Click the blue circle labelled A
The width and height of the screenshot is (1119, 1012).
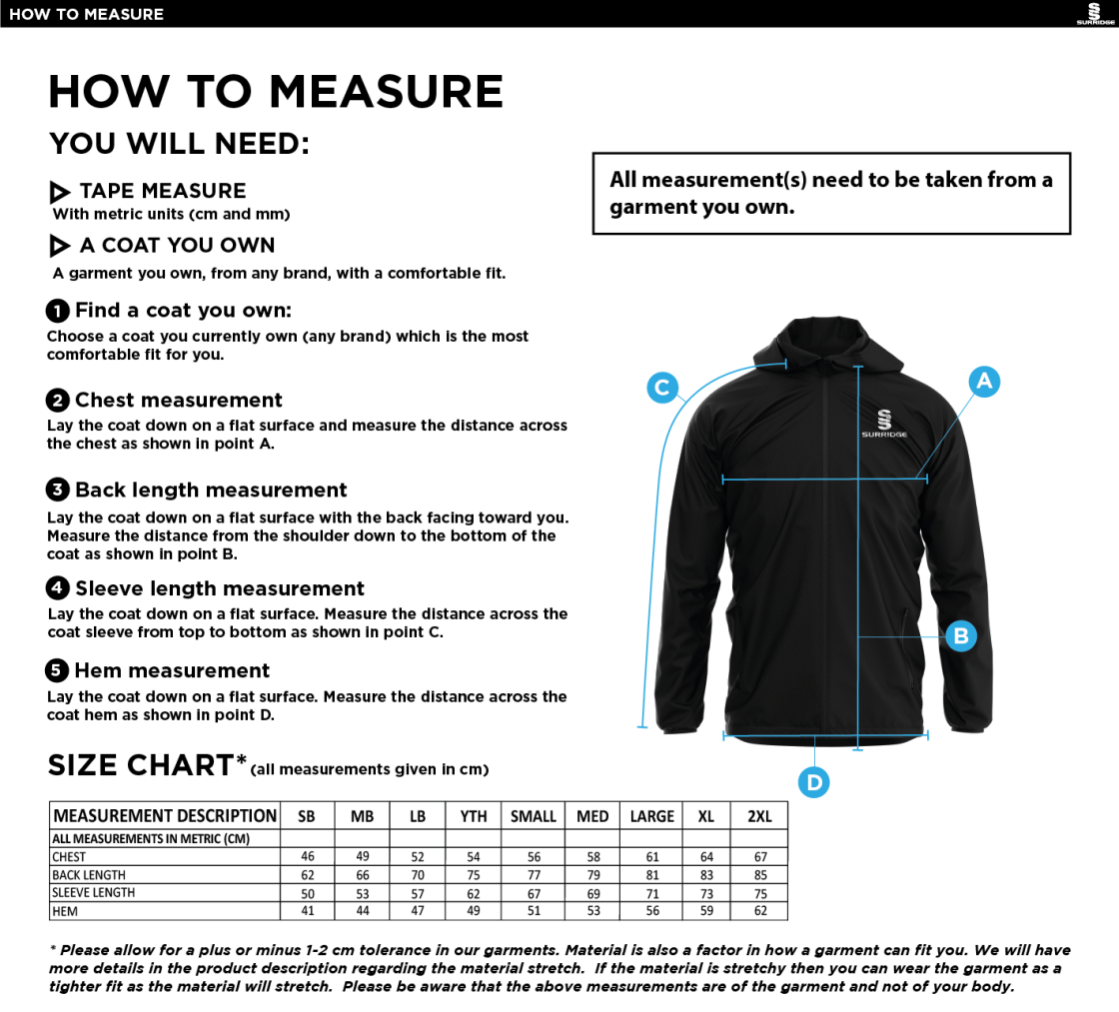pyautogui.click(x=984, y=381)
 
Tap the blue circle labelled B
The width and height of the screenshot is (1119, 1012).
pyautogui.click(x=960, y=635)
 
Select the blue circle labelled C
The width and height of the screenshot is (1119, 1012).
pyautogui.click(x=662, y=388)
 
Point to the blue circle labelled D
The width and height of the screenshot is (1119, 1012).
pyautogui.click(x=814, y=782)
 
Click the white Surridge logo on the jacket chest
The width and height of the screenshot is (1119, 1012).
pyautogui.click(x=883, y=424)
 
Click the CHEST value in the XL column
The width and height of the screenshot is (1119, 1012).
pyautogui.click(x=706, y=856)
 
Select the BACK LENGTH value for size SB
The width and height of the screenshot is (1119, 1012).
pyautogui.click(x=307, y=874)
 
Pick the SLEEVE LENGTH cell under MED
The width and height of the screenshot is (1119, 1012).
pyautogui.click(x=593, y=893)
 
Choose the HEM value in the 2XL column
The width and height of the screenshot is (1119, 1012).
pyautogui.click(x=760, y=911)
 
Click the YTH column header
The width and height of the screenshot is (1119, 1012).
pyautogui.click(x=474, y=816)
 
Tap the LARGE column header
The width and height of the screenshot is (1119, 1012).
pyautogui.click(x=651, y=816)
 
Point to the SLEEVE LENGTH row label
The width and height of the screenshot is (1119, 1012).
pyautogui.click(x=93, y=893)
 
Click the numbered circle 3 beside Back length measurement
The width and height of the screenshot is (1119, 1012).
pyautogui.click(x=58, y=490)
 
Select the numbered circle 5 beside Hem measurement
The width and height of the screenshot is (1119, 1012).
pyautogui.click(x=58, y=670)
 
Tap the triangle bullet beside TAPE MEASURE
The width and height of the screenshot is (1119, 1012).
pyautogui.click(x=60, y=192)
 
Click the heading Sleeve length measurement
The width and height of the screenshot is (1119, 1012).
pyautogui.click(x=220, y=588)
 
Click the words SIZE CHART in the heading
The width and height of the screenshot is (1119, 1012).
pyautogui.click(x=140, y=765)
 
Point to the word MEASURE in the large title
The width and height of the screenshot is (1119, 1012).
pyautogui.click(x=386, y=92)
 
